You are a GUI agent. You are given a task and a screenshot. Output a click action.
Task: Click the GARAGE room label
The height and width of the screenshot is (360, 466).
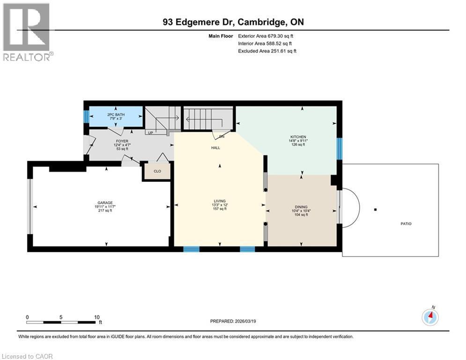105,203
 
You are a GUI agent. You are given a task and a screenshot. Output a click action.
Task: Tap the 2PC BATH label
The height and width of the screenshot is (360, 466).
114,114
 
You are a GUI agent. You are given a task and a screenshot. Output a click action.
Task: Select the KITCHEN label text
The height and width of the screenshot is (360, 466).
298,137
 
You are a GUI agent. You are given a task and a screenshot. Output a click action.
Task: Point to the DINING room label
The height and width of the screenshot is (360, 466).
301,207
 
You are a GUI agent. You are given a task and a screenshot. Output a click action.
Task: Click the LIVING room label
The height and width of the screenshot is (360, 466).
220,201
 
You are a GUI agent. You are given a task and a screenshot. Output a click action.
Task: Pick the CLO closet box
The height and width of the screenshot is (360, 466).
157,171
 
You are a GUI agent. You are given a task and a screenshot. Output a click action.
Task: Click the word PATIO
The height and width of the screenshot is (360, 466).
406,224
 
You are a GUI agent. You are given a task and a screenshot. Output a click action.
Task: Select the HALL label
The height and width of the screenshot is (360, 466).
215,148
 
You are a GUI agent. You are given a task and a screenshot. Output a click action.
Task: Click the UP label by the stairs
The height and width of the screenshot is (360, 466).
150,133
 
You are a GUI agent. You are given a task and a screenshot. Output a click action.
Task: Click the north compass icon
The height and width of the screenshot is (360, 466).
430,317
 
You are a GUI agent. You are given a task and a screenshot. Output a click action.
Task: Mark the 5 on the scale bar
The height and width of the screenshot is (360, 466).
61,317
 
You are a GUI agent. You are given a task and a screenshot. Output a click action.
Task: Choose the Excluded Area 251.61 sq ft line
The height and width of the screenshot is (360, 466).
267,51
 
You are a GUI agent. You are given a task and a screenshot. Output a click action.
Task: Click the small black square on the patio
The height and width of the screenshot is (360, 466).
375,210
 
